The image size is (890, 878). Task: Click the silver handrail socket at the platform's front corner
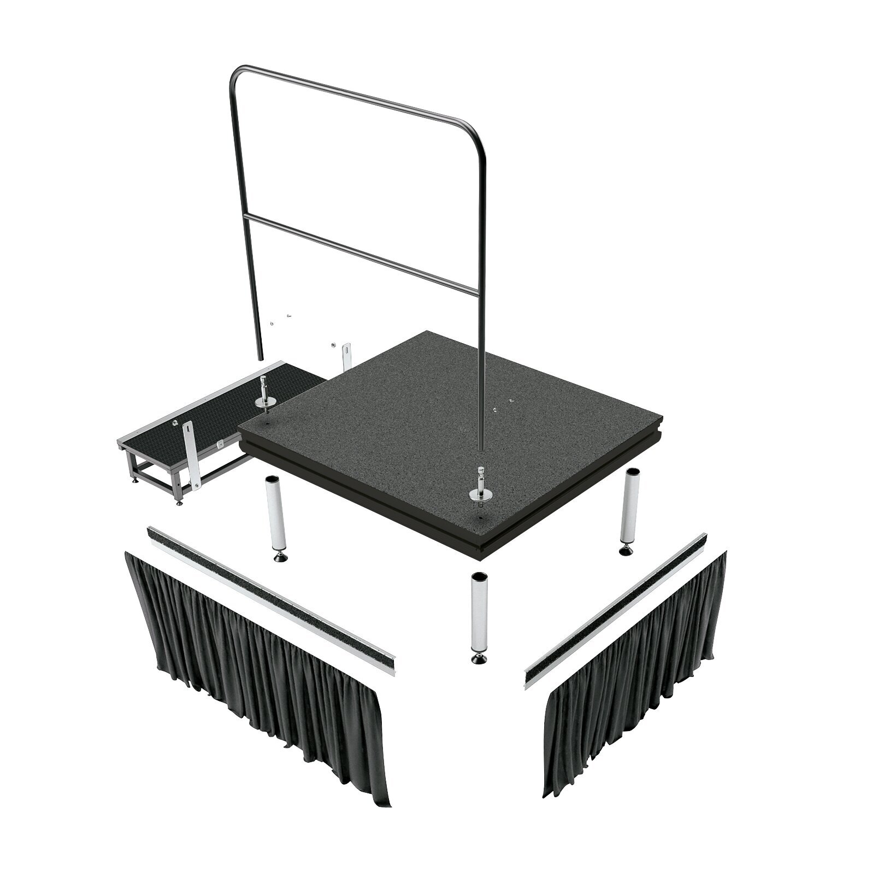click(x=479, y=492)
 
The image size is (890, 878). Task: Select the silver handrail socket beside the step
click(x=266, y=401)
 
